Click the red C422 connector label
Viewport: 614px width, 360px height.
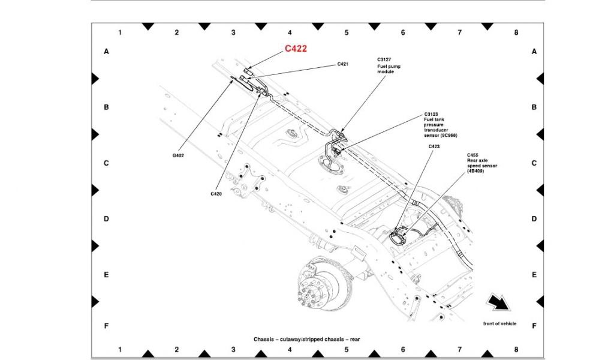point(296,49)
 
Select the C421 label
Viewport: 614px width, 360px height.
point(342,64)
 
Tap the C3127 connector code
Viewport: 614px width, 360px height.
point(384,59)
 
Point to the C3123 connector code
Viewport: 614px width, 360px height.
point(431,115)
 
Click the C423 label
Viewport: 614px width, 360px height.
point(434,146)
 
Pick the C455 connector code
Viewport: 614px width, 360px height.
point(472,155)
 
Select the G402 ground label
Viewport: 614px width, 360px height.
point(178,155)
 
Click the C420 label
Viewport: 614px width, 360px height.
point(216,194)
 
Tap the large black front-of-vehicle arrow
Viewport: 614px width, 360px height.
point(498,302)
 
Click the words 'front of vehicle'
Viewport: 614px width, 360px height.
point(499,323)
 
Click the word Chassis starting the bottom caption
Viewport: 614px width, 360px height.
point(264,339)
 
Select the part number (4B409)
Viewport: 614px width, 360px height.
point(475,171)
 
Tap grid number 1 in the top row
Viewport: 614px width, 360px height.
point(120,32)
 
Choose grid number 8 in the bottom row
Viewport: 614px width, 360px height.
point(516,349)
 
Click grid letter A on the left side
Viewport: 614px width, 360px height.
point(106,52)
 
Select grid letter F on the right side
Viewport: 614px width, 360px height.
point(534,326)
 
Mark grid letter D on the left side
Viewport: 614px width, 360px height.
point(106,219)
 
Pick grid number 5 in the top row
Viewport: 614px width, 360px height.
point(347,32)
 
